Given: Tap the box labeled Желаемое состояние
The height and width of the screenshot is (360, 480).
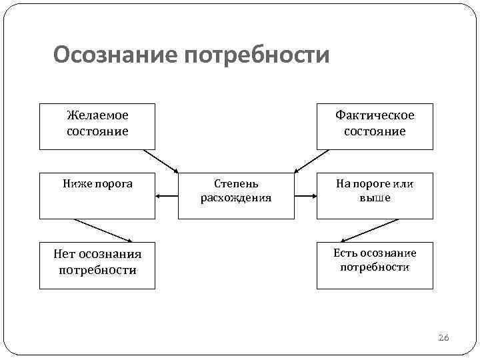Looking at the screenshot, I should tap(97, 126).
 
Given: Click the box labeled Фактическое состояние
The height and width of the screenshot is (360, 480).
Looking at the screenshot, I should tap(375, 126).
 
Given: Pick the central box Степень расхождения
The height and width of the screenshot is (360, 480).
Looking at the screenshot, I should tap(236, 195).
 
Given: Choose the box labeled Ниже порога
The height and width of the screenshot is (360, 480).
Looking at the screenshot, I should tap(97, 195).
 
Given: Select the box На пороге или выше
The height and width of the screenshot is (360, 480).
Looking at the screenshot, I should tap(375, 195).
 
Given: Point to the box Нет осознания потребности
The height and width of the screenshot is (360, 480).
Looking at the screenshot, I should tap(97, 265).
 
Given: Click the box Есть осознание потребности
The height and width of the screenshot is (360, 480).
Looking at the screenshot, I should tap(375, 265).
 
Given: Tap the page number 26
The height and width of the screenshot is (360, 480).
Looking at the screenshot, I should tap(444, 339).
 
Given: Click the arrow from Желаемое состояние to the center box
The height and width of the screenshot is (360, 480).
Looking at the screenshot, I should tap(161, 161).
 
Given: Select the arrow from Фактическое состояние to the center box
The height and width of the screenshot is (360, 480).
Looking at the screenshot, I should tap(311, 161).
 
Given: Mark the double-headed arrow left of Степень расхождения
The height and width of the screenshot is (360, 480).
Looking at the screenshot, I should tap(167, 196).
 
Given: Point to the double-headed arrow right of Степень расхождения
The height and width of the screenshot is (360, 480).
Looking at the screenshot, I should tap(305, 196).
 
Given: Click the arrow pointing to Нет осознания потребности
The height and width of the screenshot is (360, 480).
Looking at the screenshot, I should tap(103, 230).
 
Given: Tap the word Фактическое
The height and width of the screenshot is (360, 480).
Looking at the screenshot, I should tap(375, 115).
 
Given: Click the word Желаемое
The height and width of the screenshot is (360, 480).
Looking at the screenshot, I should tap(97, 115).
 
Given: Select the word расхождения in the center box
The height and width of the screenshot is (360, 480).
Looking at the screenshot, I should tap(236, 199).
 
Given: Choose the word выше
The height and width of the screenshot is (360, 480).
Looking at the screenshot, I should tap(375, 199).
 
